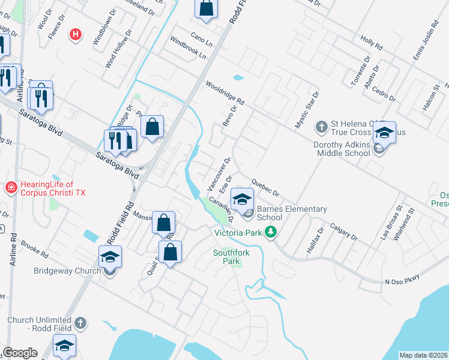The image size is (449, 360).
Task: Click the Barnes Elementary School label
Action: (292, 213)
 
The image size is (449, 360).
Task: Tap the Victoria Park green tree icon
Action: (271, 232)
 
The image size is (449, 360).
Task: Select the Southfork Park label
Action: (231, 257)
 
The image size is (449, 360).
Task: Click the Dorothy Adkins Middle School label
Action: (342, 149)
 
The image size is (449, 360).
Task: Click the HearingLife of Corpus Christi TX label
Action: (48, 190)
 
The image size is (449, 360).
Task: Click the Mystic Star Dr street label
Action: (307, 110)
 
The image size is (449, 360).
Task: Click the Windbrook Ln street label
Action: (188, 48)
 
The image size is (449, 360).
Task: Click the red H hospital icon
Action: (76, 34)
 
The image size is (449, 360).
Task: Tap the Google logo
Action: (20, 353)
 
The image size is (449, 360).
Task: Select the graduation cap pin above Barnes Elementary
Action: (242, 199)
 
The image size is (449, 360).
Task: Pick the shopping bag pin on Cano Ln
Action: (205, 10)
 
